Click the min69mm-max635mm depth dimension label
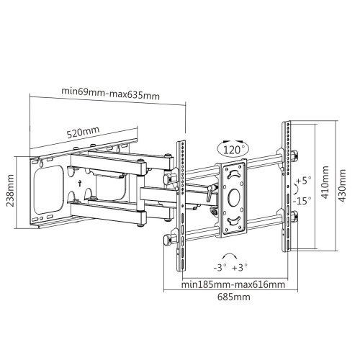point(109,91)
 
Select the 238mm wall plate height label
point(11,192)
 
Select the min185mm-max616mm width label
point(229,284)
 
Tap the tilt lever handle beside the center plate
point(210,192)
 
